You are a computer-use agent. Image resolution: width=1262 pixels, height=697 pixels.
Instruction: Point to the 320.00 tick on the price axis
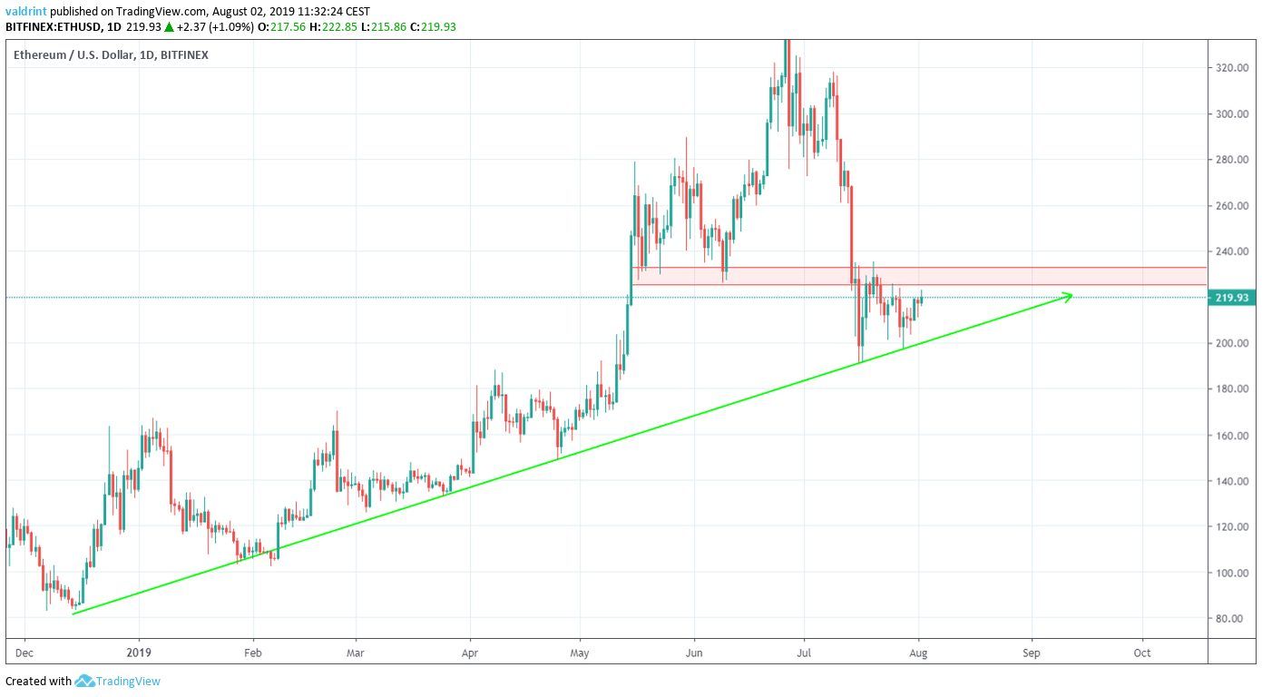coord(1232,68)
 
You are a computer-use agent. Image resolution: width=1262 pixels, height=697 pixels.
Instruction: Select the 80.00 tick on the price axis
coord(1230,619)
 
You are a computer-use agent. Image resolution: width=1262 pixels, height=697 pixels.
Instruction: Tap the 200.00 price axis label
coord(1232,343)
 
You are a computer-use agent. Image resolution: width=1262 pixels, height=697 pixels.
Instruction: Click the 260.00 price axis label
coord(1232,206)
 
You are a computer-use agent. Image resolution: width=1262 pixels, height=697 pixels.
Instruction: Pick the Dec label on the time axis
coord(24,653)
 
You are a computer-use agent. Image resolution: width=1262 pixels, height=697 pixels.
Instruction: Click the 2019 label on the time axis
coord(138,653)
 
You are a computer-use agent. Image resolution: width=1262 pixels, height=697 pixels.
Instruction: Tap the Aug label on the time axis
coord(919,653)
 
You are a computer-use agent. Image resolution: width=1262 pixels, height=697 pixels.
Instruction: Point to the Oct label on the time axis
coord(1142,653)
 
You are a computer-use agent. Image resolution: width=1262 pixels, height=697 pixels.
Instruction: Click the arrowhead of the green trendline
coord(1070,295)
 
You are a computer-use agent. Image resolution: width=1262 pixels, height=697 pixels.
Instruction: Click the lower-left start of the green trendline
coord(73,614)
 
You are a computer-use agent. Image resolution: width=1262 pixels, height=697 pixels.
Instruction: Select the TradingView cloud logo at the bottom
coord(84,681)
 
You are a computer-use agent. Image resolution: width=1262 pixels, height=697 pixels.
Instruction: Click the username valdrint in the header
coord(24,12)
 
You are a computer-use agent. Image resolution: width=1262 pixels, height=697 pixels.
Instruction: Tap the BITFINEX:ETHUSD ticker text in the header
coord(56,26)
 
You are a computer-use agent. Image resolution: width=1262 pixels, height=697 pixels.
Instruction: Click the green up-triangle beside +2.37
coord(169,26)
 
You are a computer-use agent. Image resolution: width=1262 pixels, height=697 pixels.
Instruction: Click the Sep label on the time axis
coord(1031,653)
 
